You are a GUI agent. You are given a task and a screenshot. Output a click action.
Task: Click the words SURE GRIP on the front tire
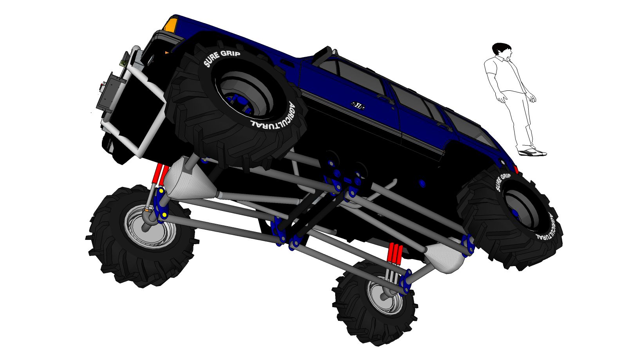coord(222,58)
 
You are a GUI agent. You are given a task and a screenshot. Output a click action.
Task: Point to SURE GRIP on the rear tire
coord(502,182)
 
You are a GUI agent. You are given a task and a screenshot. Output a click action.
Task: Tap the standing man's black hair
coord(501,48)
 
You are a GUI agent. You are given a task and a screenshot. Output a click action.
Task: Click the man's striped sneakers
coord(532,153)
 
